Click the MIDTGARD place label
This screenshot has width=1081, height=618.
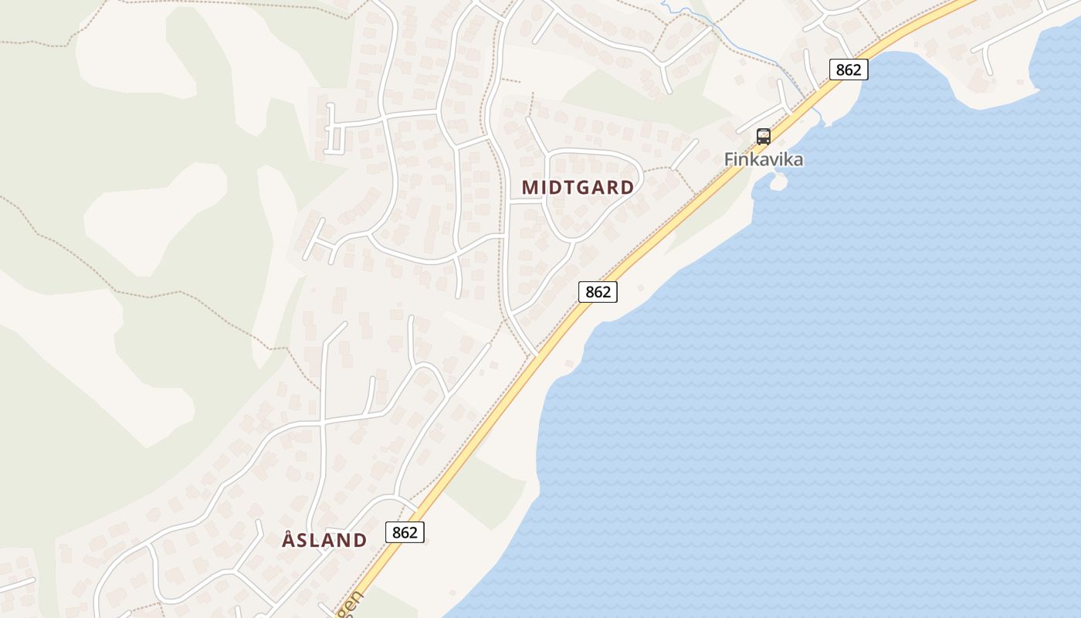tap(578, 187)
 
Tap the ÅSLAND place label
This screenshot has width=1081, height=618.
tap(324, 540)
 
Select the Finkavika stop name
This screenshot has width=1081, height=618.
tap(763, 160)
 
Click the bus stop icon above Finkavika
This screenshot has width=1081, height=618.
tap(764, 137)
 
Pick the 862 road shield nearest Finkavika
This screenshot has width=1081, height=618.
tap(849, 70)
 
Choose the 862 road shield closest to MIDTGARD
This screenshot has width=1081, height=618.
tap(598, 292)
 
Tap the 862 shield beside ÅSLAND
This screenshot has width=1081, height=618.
tap(405, 532)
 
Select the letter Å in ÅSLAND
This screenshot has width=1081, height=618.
tap(289, 539)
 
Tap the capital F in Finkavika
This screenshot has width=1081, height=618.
tap(730, 160)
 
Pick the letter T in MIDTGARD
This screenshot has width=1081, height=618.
tap(565, 187)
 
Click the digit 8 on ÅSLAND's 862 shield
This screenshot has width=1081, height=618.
tap(396, 532)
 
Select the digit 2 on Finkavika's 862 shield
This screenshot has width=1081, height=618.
tap(857, 70)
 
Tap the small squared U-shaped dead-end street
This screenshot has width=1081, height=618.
tap(334, 135)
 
